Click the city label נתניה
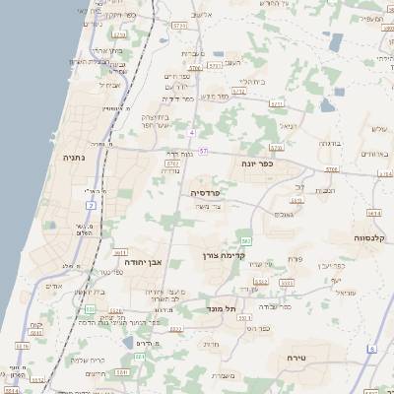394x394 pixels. click(74, 157)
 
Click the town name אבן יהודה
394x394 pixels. click(141, 262)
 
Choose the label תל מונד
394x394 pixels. click(225, 308)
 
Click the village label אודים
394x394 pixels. click(55, 287)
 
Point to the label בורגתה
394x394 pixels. click(329, 144)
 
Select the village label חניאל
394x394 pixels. click(287, 126)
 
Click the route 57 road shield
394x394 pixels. click(203, 151)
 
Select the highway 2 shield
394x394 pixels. click(90, 205)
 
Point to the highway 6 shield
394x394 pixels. click(372, 350)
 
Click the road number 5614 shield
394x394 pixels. click(373, 213)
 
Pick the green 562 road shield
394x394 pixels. click(245, 241)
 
